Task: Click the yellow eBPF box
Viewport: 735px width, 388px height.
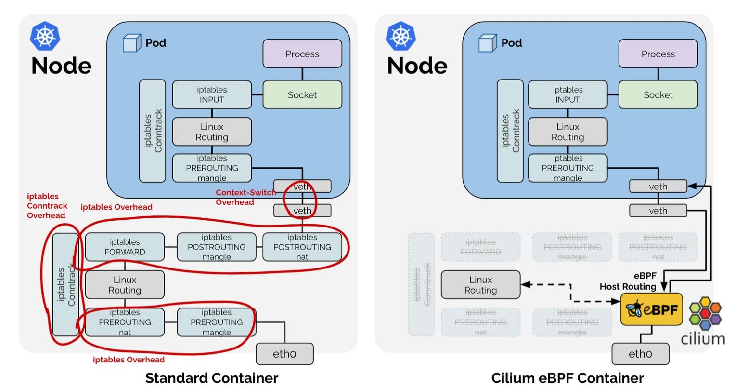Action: [x=652, y=309]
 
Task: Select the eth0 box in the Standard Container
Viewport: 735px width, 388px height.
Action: [x=284, y=354]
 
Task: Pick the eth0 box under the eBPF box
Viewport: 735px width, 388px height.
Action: [x=640, y=354]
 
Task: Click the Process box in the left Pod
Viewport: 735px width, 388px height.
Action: [x=302, y=54]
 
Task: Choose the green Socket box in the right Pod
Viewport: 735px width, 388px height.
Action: [x=658, y=95]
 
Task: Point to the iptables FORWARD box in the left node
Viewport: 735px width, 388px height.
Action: [x=125, y=247]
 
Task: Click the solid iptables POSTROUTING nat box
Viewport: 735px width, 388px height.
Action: [x=302, y=247]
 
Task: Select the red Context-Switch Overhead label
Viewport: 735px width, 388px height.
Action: [x=245, y=197]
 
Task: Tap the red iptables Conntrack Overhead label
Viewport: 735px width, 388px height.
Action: [x=47, y=206]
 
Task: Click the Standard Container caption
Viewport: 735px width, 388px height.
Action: [x=212, y=378]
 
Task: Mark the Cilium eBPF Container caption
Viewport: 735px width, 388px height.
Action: [x=567, y=378]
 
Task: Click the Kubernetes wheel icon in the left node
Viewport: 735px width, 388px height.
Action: [x=45, y=36]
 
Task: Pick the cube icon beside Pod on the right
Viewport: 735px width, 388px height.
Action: [x=488, y=43]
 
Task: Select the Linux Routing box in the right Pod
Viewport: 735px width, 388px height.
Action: [x=567, y=132]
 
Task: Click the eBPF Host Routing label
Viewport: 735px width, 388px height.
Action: [x=628, y=281]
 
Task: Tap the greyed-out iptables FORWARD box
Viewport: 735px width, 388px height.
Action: [x=480, y=247]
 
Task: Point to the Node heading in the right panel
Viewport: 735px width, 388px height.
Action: [x=417, y=66]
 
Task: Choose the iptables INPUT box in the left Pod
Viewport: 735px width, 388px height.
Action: [x=212, y=94]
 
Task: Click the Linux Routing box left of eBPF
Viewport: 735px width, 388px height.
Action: [x=480, y=285]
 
